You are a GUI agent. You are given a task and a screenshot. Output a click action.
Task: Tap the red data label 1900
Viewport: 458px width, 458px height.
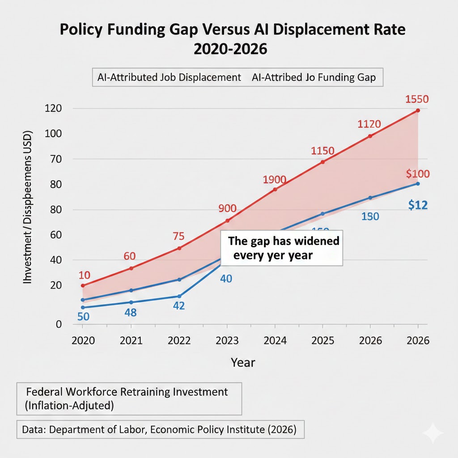275,179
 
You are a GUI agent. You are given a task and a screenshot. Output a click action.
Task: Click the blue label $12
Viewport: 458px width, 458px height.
418,205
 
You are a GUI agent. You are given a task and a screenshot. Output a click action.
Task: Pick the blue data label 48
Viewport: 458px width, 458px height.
130,313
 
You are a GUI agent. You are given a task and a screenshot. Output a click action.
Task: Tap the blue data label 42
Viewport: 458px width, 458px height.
178,306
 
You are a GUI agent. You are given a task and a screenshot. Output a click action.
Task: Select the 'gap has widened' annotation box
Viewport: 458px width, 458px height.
282,249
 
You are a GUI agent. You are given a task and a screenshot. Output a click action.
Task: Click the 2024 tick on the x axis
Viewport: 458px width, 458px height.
275,340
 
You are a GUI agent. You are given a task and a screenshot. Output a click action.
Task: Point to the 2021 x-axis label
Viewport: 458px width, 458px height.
131,340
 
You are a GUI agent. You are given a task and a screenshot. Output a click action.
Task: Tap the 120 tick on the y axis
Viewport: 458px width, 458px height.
53,109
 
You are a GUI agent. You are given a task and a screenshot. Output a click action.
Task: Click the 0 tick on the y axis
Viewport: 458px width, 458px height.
58,324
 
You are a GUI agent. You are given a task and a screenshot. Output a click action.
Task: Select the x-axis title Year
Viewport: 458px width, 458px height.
243,362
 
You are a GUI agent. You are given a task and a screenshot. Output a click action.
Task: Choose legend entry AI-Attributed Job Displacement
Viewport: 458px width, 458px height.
169,77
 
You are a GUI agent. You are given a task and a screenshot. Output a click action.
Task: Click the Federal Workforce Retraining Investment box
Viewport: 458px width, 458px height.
129,399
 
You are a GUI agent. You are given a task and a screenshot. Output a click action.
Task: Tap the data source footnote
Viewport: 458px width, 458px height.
160,430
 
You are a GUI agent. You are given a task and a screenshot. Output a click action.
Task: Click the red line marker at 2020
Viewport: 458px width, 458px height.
83,285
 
